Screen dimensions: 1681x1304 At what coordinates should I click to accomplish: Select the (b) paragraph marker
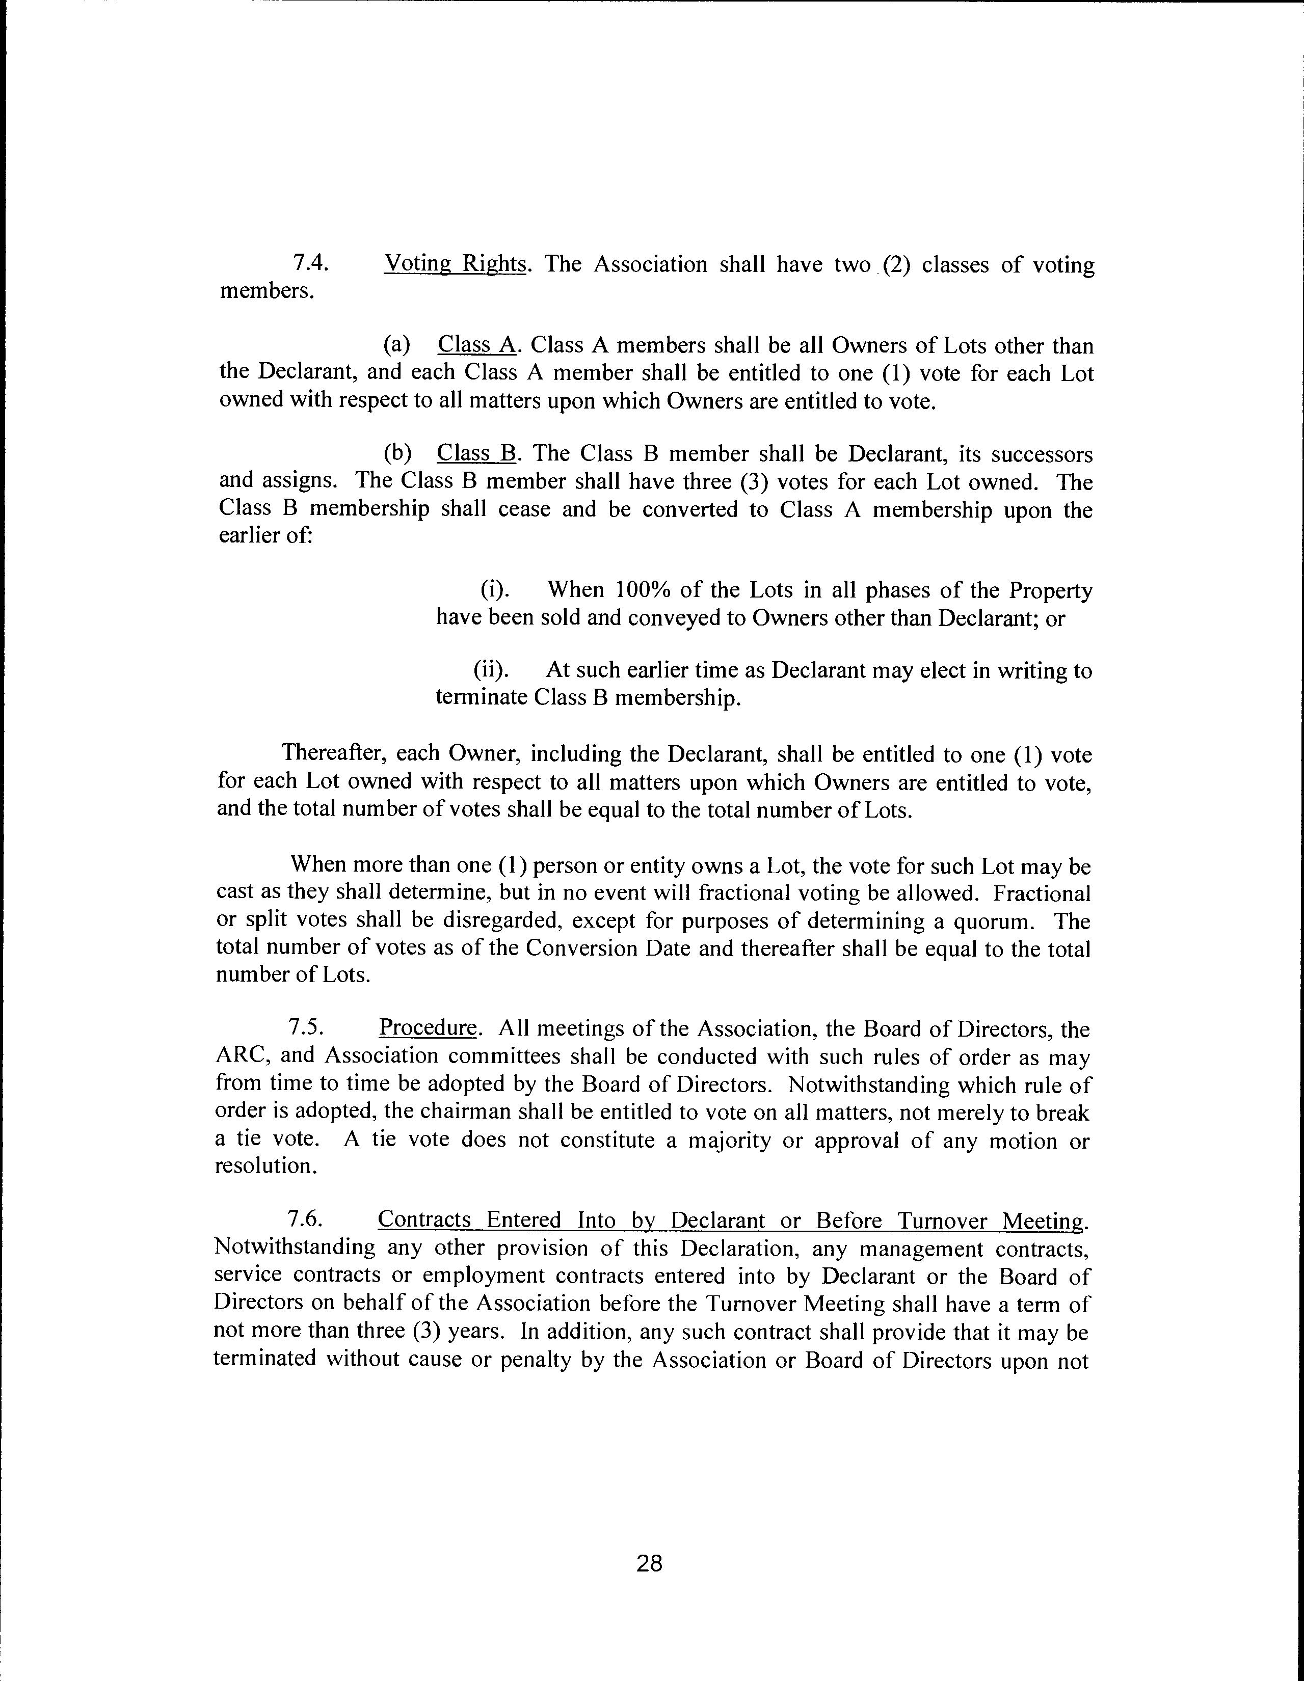[x=397, y=453]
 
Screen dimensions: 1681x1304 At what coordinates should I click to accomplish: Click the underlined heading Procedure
[x=428, y=1028]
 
